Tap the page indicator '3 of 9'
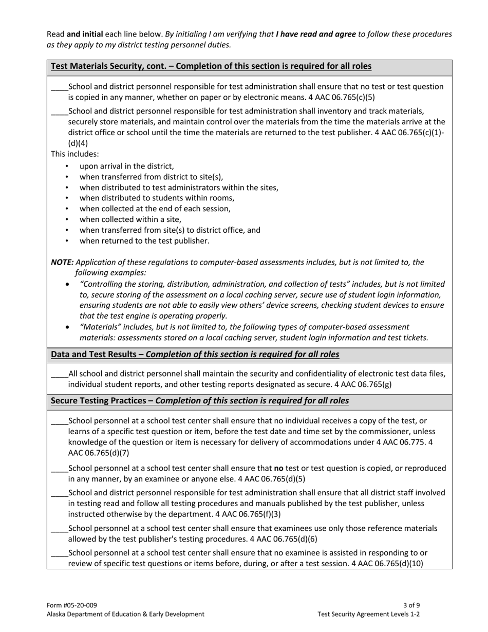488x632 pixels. point(412,605)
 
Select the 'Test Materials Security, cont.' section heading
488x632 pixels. point(211,66)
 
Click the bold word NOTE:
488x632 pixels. point(62,262)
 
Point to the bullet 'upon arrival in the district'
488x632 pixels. point(126,166)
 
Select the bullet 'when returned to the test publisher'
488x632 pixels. point(144,240)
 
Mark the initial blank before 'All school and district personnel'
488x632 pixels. point(59,374)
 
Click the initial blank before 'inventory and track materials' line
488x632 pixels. point(59,111)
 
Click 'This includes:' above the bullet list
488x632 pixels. point(74,154)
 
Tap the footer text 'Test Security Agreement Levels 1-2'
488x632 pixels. point(369,614)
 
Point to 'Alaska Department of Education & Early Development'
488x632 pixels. point(125,614)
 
